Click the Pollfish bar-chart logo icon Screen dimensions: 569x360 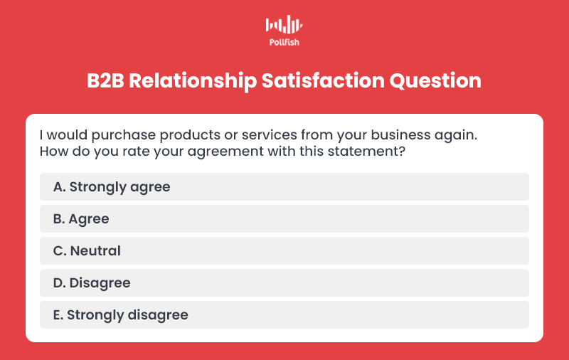pyautogui.click(x=284, y=24)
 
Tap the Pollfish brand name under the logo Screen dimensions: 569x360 pyautogui.click(x=284, y=43)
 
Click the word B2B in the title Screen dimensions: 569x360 pyautogui.click(x=105, y=80)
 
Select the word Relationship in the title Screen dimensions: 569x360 pyautogui.click(x=193, y=81)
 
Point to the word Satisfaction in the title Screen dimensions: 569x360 pyautogui.click(x=323, y=80)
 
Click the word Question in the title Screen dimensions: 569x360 pyautogui.click(x=435, y=81)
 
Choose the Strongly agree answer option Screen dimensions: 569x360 pyautogui.click(x=284, y=187)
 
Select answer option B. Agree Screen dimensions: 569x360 pyautogui.click(x=284, y=219)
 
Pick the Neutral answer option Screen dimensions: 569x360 pyautogui.click(x=284, y=250)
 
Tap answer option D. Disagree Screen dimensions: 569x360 pyautogui.click(x=284, y=282)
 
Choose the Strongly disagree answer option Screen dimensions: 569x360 pyautogui.click(x=284, y=314)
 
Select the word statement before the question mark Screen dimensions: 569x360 pyautogui.click(x=363, y=152)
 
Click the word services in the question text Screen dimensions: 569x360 pyautogui.click(x=270, y=135)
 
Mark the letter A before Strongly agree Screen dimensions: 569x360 pyautogui.click(x=58, y=187)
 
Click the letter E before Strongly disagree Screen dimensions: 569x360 pyautogui.click(x=57, y=315)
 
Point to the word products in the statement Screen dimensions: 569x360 pyautogui.click(x=190, y=136)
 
